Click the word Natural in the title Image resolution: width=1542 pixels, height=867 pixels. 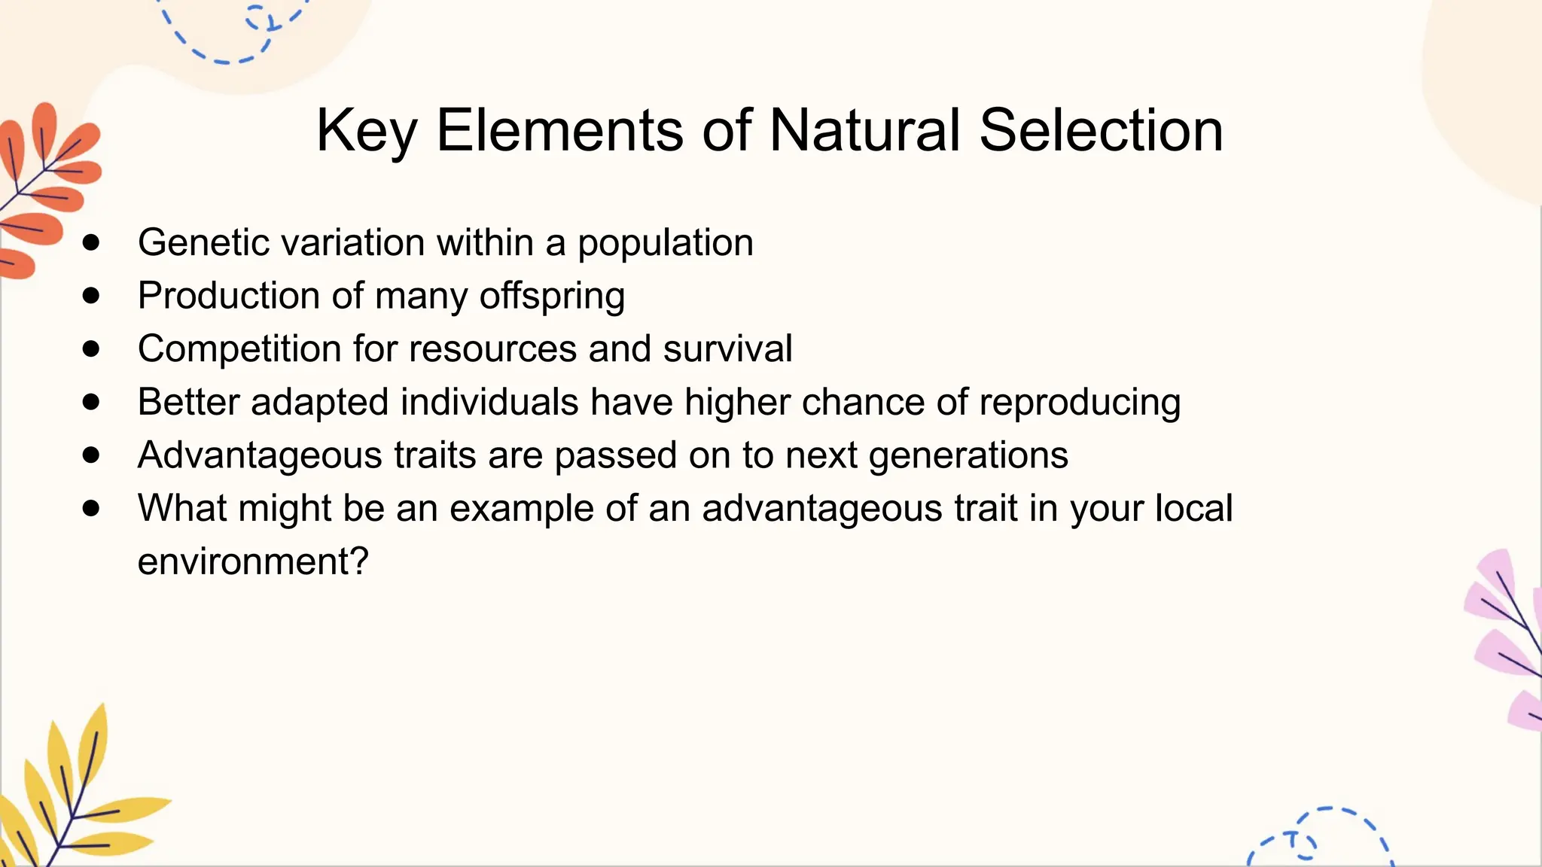(864, 130)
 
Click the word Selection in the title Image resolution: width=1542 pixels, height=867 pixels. (1101, 130)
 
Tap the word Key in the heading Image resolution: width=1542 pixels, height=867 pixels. (366, 132)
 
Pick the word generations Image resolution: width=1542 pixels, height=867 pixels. (968, 456)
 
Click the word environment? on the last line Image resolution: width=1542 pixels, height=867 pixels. (253, 562)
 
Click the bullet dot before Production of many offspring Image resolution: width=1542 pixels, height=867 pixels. (91, 296)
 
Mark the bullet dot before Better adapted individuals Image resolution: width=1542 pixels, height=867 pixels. (91, 402)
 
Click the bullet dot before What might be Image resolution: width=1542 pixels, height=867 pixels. (91, 509)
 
